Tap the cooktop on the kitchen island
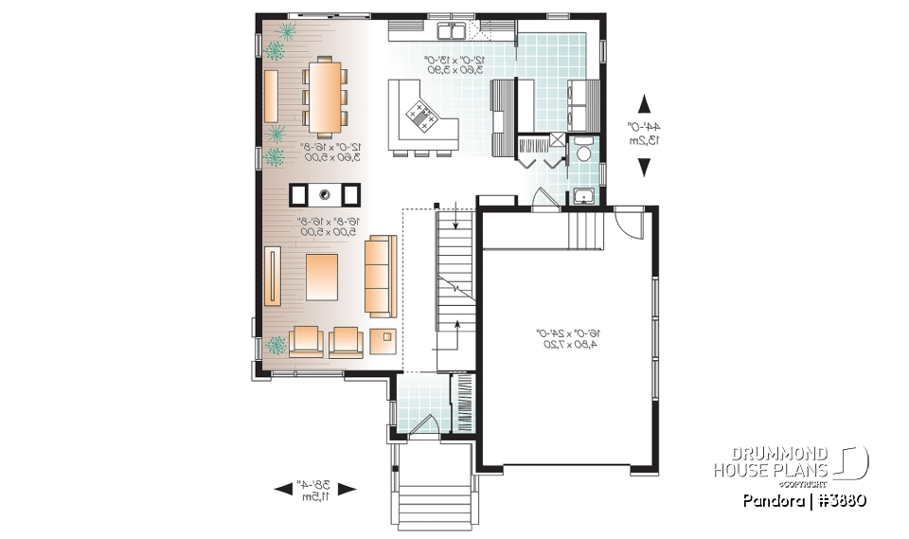pyautogui.click(x=419, y=117)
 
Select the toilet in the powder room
pyautogui.click(x=584, y=151)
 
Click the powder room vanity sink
pyautogui.click(x=583, y=196)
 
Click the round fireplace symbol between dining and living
pyautogui.click(x=324, y=195)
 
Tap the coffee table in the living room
pyautogui.click(x=323, y=278)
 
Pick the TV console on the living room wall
pyautogui.click(x=273, y=276)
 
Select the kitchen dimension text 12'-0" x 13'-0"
pyautogui.click(x=452, y=64)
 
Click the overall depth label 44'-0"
pyautogui.click(x=645, y=134)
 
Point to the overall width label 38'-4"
pyautogui.click(x=314, y=489)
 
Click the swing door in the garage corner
pyautogui.click(x=628, y=224)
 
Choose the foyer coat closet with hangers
pyautogui.click(x=464, y=404)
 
